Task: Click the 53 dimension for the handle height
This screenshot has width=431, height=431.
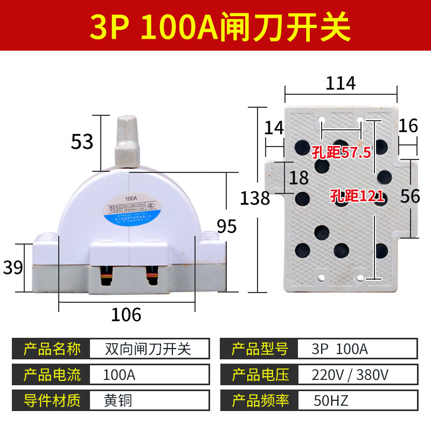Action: [82, 141]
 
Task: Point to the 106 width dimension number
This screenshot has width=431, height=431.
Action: [126, 314]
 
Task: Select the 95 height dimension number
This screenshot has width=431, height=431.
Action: [227, 226]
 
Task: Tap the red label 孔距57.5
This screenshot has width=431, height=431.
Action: [341, 152]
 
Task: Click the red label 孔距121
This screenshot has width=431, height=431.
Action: [353, 196]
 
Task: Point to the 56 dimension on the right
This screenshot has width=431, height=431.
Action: [410, 196]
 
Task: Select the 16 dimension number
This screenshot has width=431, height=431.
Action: [408, 126]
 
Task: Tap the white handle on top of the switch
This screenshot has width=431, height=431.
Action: [128, 141]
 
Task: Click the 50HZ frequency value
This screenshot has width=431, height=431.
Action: [331, 400]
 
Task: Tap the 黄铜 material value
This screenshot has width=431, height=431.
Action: [118, 400]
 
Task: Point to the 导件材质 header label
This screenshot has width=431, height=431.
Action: [52, 400]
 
